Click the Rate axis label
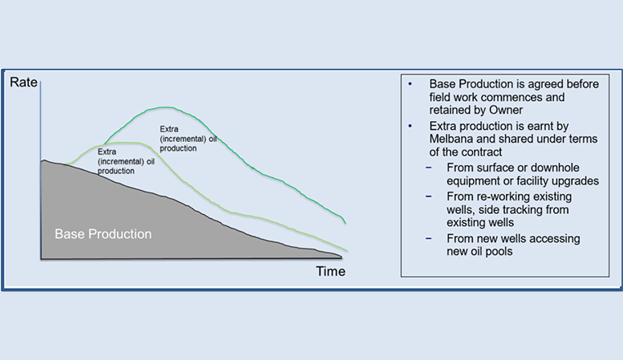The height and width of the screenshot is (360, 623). point(23,83)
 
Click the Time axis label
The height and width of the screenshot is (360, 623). point(330,271)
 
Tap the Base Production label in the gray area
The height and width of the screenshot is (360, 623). point(103,234)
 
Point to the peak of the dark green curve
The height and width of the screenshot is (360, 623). point(167,107)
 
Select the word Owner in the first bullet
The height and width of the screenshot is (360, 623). point(506,110)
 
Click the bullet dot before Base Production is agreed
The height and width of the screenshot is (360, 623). point(410,84)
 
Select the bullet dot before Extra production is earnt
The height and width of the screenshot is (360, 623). point(410,126)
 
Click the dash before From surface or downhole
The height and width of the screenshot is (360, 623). point(428,168)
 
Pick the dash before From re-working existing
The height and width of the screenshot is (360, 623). point(428,196)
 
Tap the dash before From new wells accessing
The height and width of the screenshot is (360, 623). point(428,238)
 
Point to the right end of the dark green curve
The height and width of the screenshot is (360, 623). point(346,223)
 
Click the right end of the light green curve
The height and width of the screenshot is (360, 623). point(347,251)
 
